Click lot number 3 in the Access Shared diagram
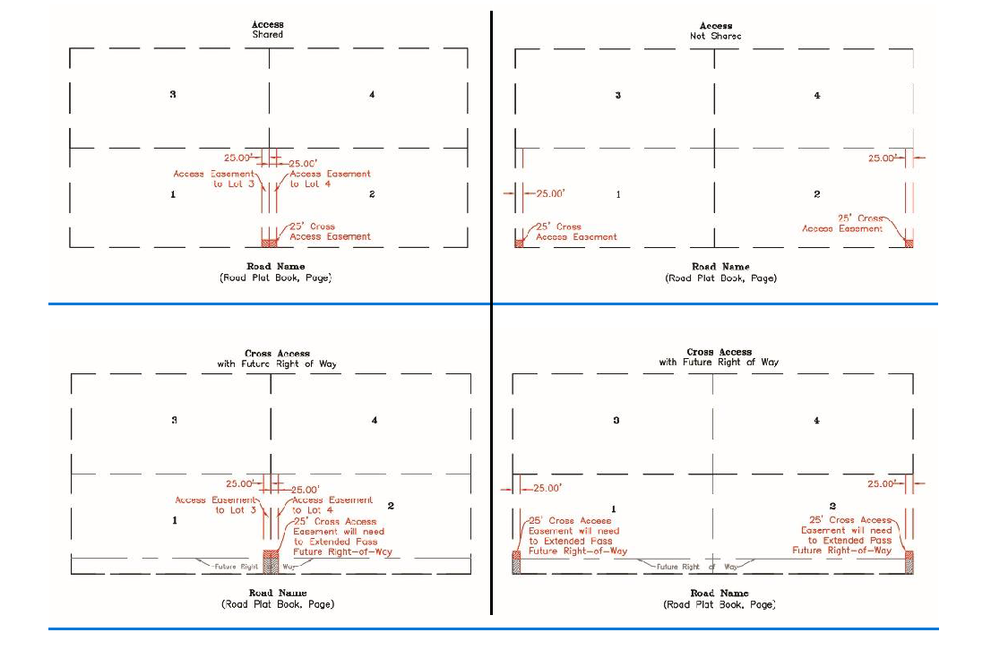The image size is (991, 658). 173,94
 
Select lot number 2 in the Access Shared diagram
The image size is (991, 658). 372,194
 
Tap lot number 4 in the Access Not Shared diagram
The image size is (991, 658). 816,95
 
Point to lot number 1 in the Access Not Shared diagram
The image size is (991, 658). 618,194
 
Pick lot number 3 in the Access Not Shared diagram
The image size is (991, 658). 617,95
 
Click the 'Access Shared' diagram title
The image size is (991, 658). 268,30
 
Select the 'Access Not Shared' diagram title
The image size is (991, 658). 715,30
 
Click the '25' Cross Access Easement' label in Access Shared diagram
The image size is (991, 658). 330,231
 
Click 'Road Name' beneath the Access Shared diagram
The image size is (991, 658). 276,266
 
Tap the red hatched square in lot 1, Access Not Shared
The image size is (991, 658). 519,242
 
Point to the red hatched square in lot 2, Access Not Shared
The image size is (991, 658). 909,242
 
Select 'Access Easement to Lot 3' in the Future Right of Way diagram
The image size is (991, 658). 217,505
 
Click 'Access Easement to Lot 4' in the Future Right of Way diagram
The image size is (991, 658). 332,505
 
